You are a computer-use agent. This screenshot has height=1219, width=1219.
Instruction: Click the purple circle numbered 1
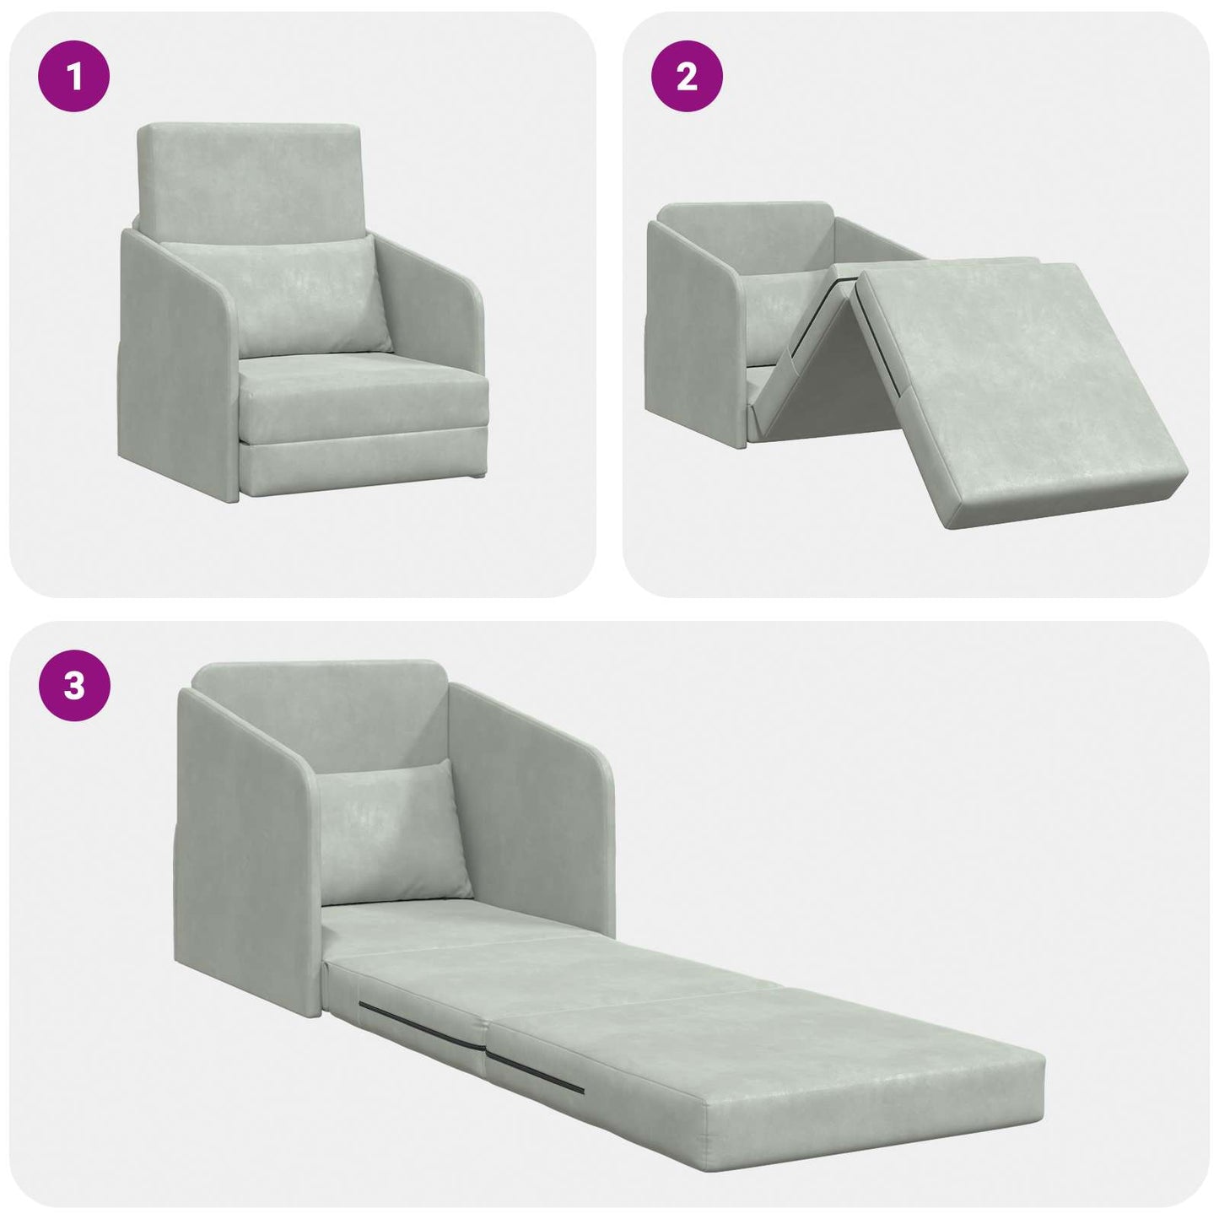74,78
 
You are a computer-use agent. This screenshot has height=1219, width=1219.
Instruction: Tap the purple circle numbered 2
687,78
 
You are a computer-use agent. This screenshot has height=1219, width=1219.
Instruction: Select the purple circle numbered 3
74,686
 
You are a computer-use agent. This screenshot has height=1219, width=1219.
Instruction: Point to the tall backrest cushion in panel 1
249,177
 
